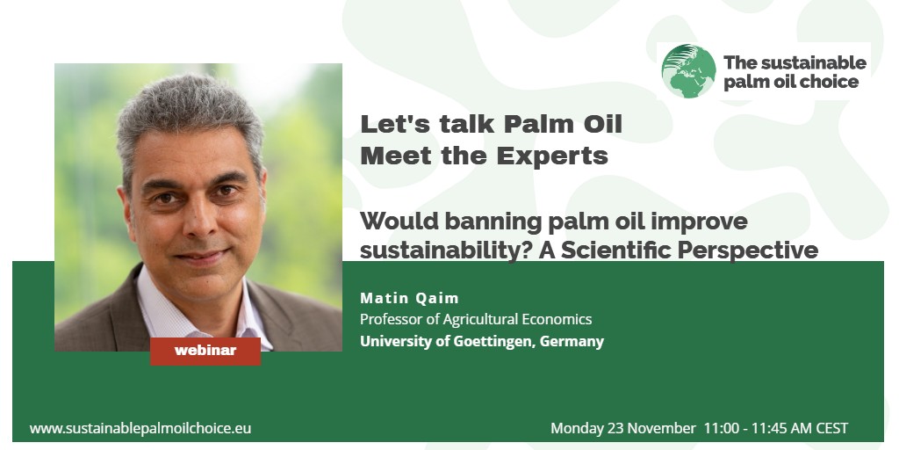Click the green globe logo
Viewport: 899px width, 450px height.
click(688, 71)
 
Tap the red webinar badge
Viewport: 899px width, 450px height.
click(205, 351)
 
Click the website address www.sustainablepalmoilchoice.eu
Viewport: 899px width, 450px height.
click(140, 428)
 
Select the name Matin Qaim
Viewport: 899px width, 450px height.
click(409, 298)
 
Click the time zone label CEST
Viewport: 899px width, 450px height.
click(832, 428)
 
